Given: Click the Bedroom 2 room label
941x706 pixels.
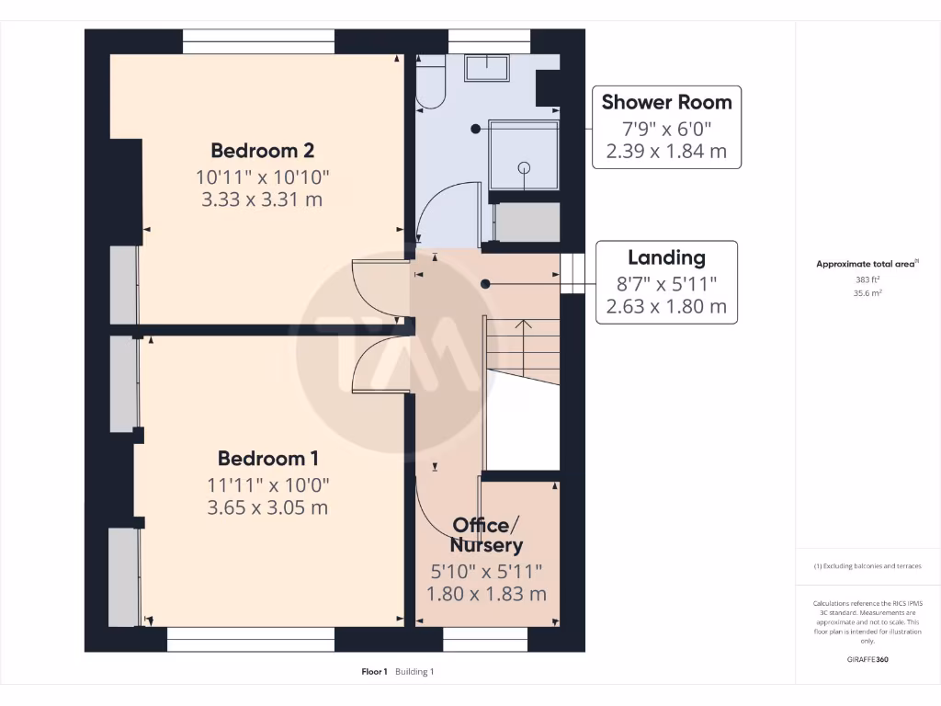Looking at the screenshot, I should point(262,150).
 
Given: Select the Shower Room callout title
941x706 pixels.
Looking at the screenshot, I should point(666,102).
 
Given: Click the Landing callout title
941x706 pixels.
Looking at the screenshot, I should point(666,257).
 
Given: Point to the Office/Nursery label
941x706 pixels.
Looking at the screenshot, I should point(486,535).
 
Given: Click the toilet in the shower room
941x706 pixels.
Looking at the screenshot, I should point(430,87).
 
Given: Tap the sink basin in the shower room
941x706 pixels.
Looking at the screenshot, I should point(487,68).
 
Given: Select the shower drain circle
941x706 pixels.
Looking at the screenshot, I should point(525,167).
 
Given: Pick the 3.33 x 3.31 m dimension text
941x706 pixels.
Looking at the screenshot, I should point(262,199).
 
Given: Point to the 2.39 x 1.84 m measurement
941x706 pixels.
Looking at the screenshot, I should point(666,152).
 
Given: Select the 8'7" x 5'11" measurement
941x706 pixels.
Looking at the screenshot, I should point(666,283).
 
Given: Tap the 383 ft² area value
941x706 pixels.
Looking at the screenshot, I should point(867,279).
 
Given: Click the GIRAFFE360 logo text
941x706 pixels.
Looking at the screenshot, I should point(867,659).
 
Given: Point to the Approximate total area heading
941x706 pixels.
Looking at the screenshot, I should point(866,264).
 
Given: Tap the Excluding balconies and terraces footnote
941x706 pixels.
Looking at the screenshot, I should point(867,566).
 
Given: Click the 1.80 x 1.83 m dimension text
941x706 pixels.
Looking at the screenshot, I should point(486,594).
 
